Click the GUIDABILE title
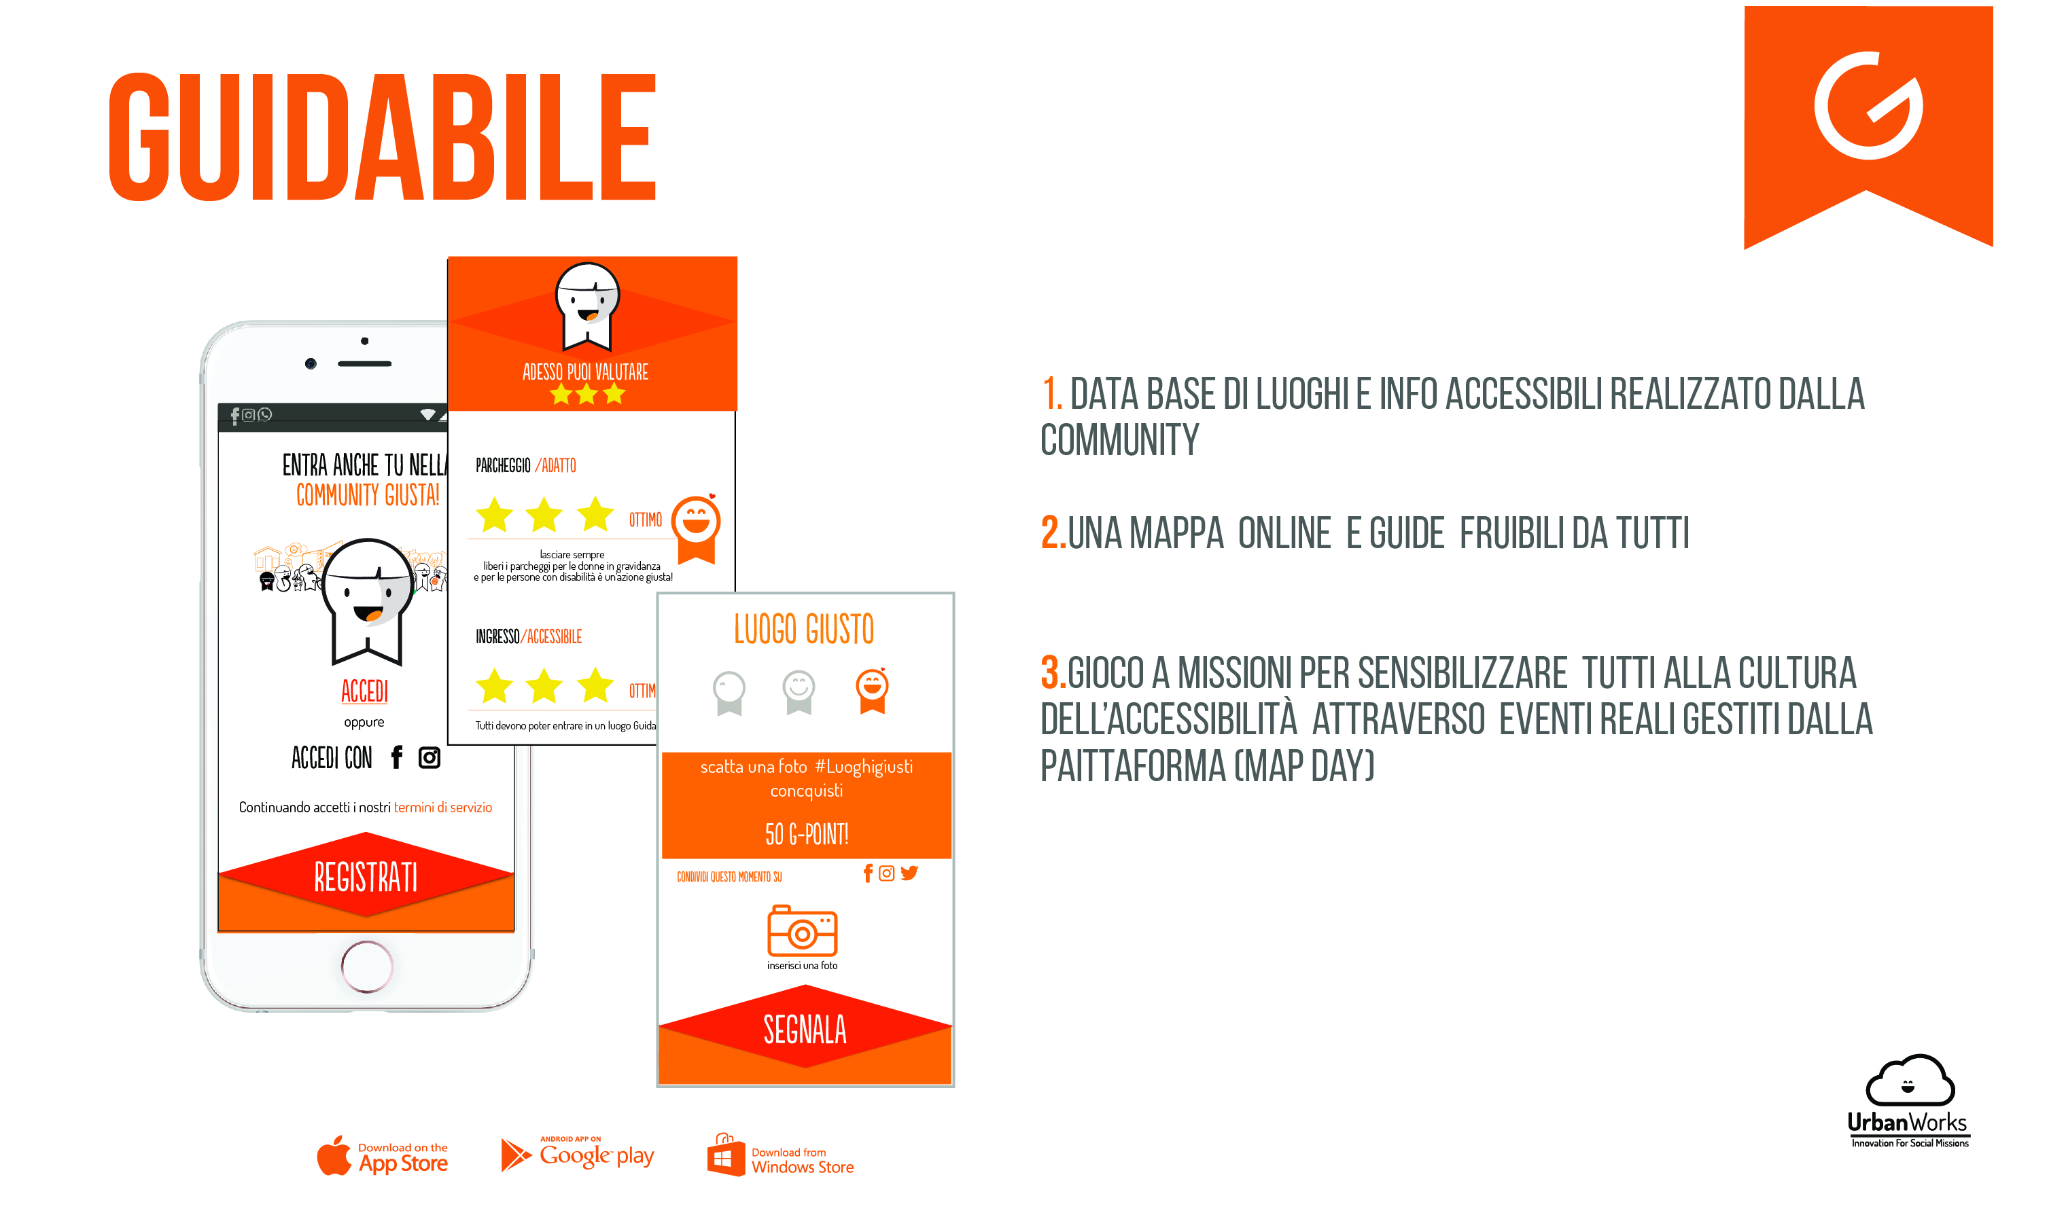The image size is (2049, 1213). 383,137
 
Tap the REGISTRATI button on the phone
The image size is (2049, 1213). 366,877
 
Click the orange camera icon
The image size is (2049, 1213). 801,930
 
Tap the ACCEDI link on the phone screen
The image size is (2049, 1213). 365,691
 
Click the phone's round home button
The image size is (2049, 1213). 367,966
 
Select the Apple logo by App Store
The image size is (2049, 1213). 334,1155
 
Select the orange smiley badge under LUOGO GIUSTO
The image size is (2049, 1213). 872,690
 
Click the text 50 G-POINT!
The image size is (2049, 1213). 806,834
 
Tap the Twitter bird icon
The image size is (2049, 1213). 909,873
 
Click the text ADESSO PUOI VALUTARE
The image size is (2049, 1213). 585,372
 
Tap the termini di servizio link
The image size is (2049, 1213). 443,808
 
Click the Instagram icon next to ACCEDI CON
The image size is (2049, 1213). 430,758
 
